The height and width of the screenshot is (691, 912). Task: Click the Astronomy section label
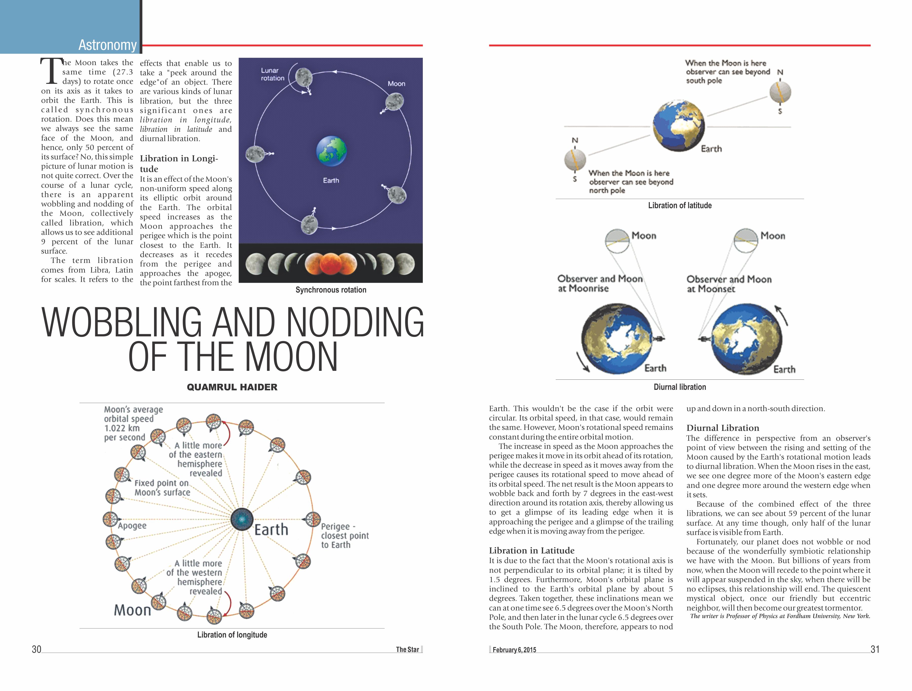107,45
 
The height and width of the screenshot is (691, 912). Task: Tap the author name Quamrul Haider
232,387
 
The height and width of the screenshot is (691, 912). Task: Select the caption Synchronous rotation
331,290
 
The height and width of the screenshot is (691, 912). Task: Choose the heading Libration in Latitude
531,550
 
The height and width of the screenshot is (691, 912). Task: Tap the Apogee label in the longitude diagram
132,526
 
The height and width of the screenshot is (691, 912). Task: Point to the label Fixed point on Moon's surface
162,488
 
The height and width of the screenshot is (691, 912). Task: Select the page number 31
875,649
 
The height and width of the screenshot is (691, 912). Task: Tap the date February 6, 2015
514,650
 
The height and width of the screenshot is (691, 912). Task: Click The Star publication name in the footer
407,649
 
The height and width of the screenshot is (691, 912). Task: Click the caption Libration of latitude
679,205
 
